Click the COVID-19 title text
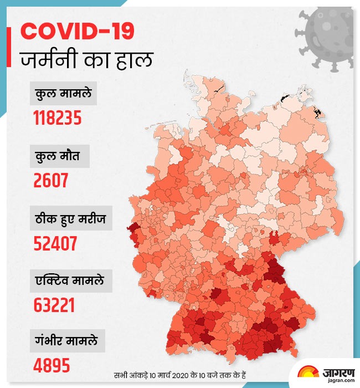coord(77,31)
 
